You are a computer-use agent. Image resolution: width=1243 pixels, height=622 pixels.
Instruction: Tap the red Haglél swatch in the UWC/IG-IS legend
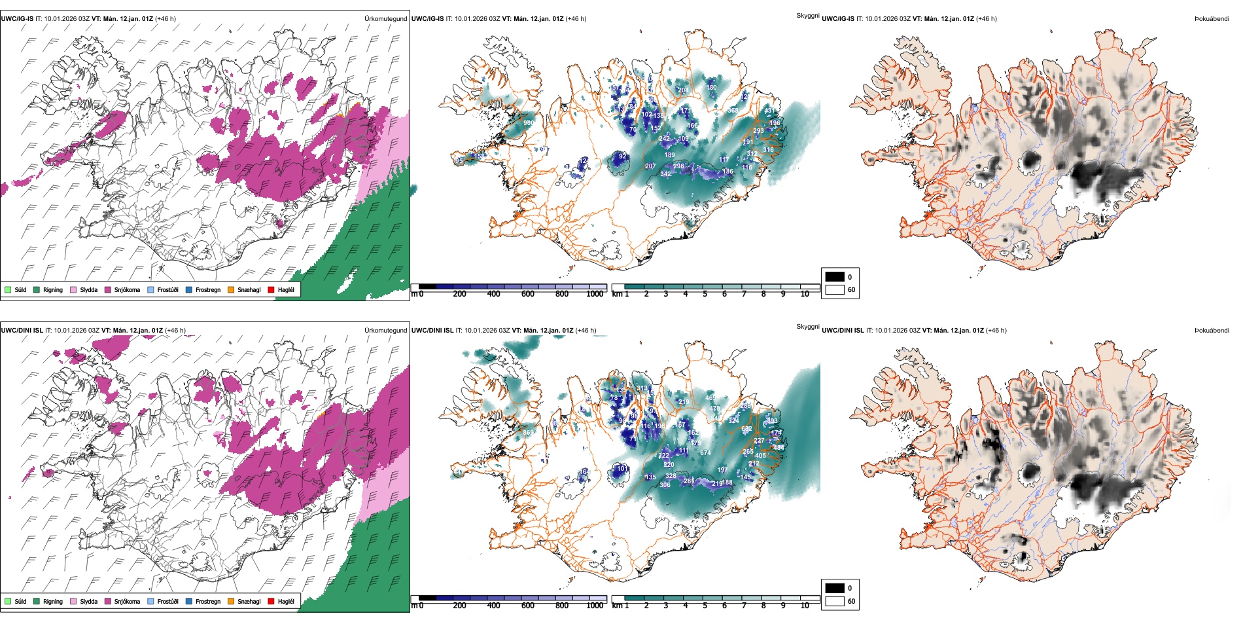click(x=271, y=289)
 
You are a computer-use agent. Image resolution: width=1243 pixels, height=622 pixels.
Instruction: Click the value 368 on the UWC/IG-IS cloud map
click(x=733, y=111)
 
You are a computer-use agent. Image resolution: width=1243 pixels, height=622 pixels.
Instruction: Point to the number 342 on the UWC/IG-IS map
click(x=665, y=174)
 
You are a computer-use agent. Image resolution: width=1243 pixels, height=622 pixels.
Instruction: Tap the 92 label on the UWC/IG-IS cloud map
click(x=623, y=156)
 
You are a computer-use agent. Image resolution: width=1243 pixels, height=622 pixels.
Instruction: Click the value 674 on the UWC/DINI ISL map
click(x=705, y=452)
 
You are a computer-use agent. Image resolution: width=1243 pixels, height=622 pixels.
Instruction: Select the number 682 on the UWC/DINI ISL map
click(x=746, y=430)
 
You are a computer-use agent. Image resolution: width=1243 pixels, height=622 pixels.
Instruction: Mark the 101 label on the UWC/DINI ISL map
click(x=622, y=468)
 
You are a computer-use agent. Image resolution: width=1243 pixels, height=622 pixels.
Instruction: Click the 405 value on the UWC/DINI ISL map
click(x=760, y=456)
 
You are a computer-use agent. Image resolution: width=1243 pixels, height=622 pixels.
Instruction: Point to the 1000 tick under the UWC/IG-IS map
click(x=595, y=294)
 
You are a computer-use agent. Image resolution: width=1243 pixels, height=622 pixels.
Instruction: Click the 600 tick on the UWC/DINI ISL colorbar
click(x=527, y=606)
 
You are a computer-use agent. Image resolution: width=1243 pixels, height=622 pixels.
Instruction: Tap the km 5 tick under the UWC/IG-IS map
click(x=705, y=294)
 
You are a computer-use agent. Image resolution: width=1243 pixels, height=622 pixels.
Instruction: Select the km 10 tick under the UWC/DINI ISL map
click(x=805, y=606)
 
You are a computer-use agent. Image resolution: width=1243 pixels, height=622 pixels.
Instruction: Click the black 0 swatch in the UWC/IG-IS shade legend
click(x=835, y=277)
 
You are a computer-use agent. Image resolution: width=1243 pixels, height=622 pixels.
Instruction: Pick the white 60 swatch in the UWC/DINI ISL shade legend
click(x=835, y=601)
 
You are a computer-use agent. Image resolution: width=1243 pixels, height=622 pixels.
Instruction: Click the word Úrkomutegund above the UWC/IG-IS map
click(x=385, y=19)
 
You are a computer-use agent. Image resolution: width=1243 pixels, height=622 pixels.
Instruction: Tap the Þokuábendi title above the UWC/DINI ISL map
click(x=1212, y=331)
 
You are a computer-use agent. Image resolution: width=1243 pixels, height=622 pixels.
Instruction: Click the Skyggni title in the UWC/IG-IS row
click(x=807, y=16)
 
